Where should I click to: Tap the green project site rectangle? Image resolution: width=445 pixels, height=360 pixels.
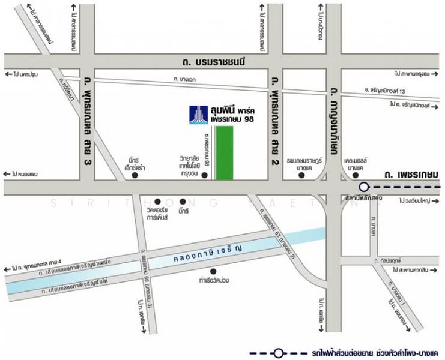pos(225,153)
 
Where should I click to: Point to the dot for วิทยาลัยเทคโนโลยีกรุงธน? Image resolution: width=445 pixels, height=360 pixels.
pos(204,175)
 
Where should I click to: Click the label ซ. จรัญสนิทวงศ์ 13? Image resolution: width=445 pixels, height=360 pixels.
pos(393,91)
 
